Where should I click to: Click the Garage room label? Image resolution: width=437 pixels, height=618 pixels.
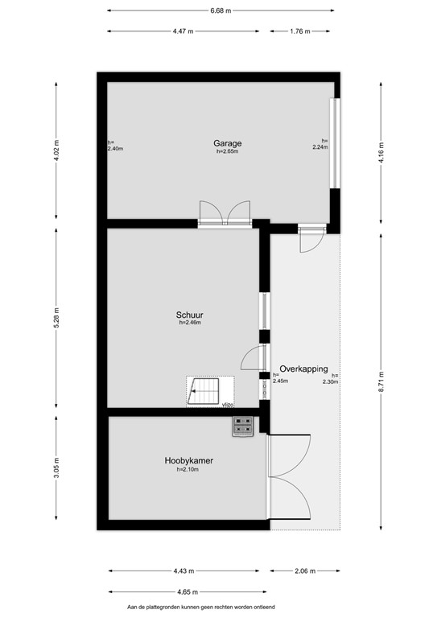click(227, 143)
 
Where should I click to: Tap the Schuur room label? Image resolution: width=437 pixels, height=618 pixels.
click(189, 315)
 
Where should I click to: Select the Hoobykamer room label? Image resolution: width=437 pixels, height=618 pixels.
click(188, 460)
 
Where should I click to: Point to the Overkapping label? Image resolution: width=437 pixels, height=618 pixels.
click(304, 368)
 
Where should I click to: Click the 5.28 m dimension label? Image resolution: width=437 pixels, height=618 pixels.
click(56, 314)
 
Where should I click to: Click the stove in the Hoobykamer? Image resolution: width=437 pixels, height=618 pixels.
click(243, 426)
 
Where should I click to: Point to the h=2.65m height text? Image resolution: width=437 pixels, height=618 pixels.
click(227, 152)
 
